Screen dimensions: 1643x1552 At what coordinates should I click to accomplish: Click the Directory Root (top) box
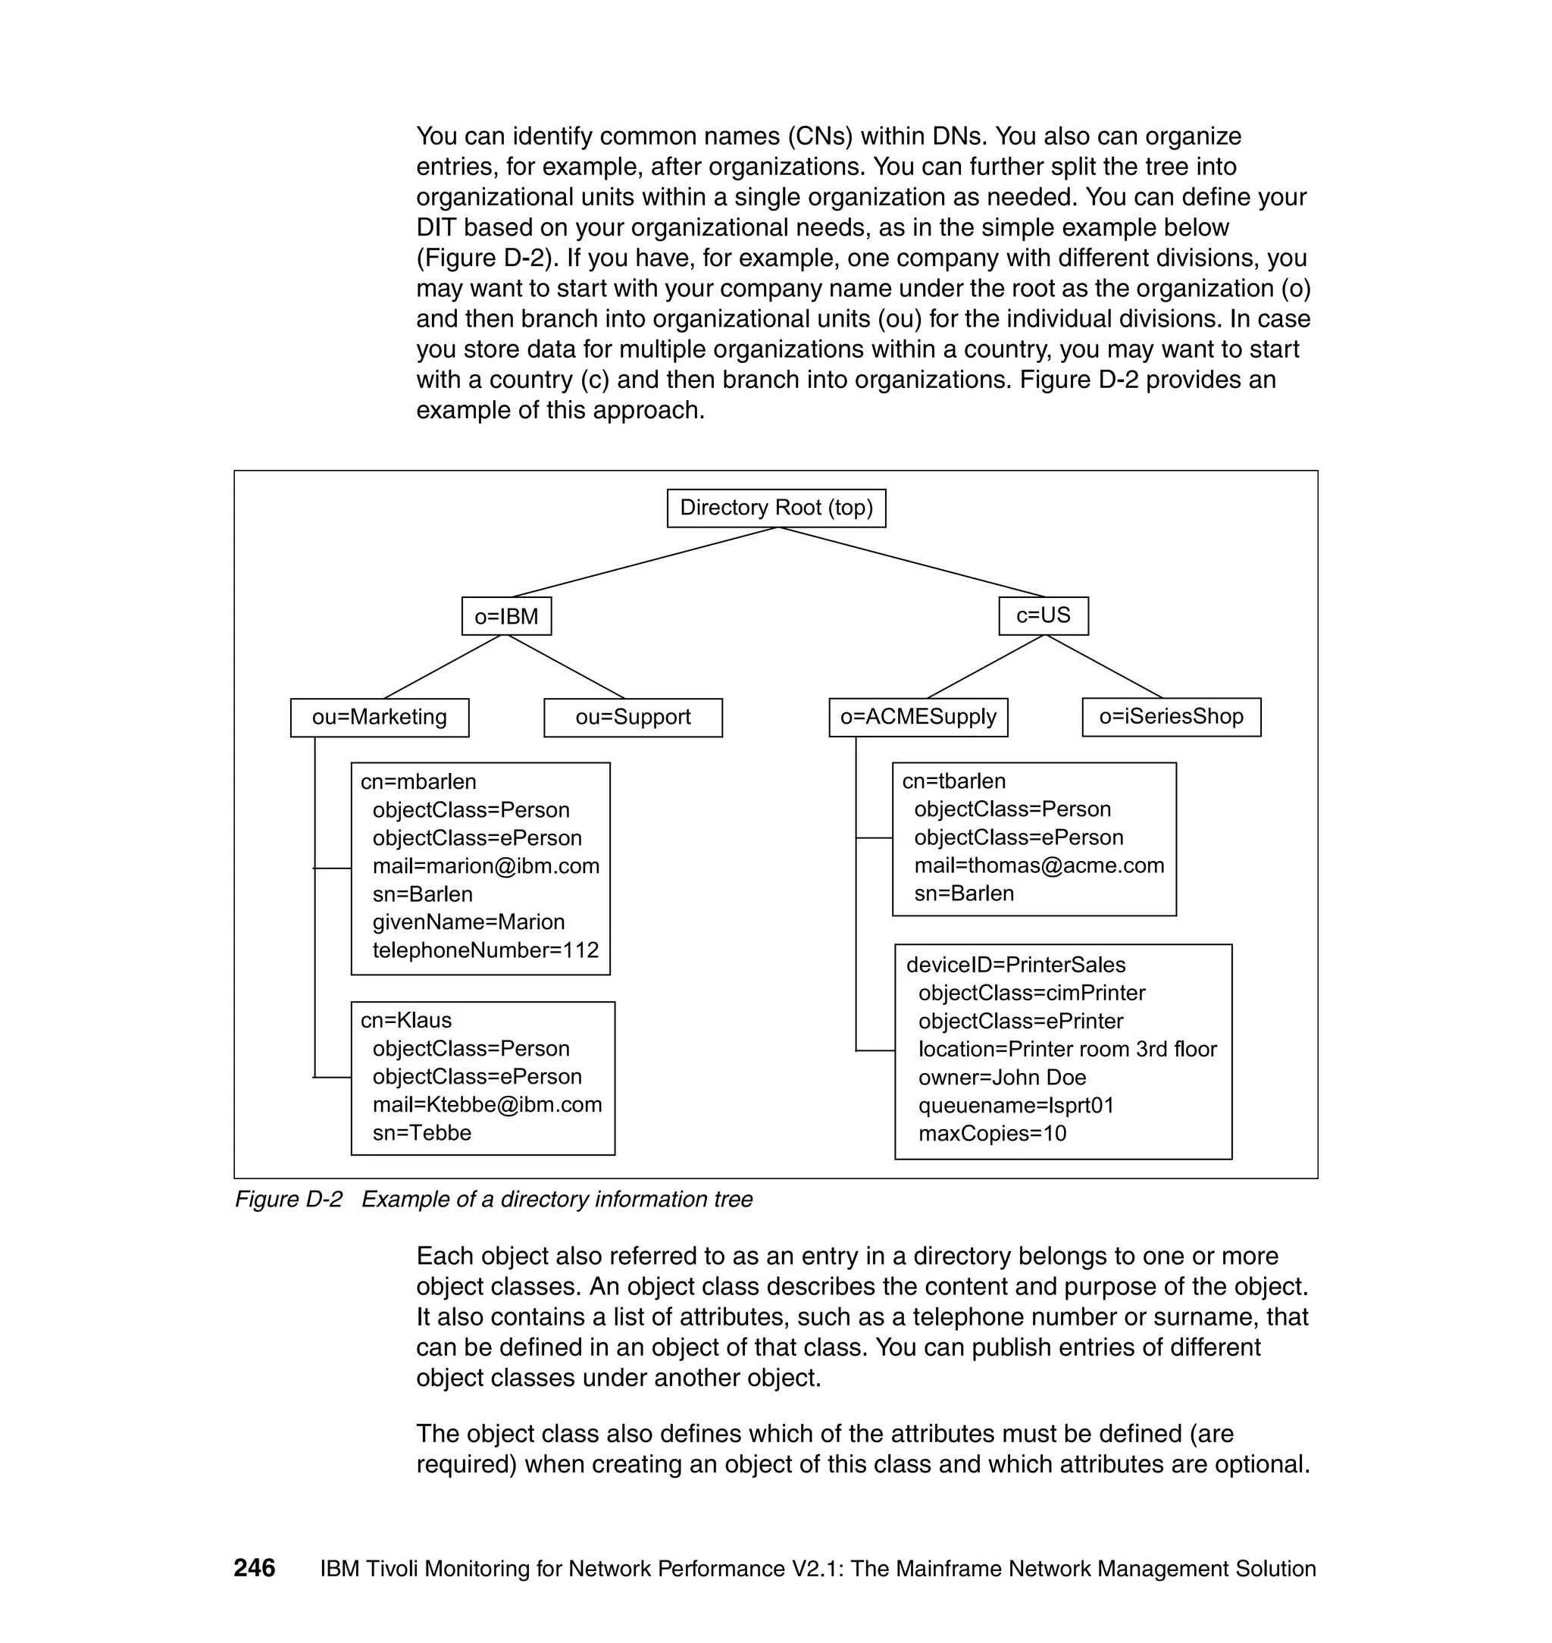tap(776, 508)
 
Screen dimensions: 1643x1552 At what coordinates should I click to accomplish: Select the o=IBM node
tap(506, 616)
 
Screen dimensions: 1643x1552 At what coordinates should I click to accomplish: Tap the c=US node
tap(1044, 615)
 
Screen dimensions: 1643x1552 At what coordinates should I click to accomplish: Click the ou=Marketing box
tap(380, 717)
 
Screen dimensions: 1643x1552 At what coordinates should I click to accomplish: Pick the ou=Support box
tap(633, 717)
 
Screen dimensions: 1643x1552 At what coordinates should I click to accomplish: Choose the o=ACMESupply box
tap(918, 716)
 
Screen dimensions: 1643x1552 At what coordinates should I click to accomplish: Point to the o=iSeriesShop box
tap(1172, 716)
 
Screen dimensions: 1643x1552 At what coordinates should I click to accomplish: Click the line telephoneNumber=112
tap(486, 950)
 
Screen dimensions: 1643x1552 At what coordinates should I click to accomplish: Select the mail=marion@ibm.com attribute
tap(486, 866)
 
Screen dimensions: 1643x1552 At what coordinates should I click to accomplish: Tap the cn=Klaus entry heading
tap(406, 1020)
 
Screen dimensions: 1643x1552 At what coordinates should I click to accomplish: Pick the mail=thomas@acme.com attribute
tap(1039, 865)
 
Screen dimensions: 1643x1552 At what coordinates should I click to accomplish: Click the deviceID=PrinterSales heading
tap(1016, 965)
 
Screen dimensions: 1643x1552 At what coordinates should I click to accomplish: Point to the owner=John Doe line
tap(1002, 1077)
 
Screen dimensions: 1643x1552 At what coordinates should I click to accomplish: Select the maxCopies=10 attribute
tap(992, 1134)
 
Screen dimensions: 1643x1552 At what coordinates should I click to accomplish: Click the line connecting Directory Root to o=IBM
tap(646, 562)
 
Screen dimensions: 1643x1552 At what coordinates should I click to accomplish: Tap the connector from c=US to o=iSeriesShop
tap(1104, 667)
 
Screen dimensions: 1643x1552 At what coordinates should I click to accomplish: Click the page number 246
tap(254, 1568)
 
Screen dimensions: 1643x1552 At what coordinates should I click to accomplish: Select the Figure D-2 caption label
tap(288, 1200)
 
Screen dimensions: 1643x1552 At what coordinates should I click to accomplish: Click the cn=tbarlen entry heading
tap(954, 781)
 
